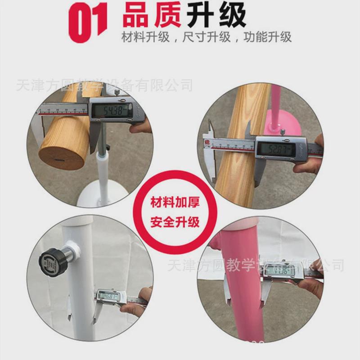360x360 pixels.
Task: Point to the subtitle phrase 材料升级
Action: (x=145, y=36)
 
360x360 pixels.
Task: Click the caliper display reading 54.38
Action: (x=111, y=111)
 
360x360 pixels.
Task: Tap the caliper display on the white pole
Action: (x=108, y=297)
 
